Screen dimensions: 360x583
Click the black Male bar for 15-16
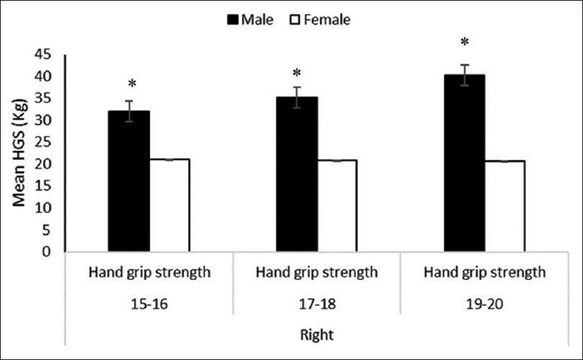tap(128, 182)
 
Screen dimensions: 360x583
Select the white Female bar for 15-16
tap(169, 206)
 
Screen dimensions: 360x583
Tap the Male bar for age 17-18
tap(297, 175)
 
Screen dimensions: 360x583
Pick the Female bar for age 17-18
tap(337, 206)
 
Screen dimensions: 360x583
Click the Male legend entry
tap(249, 20)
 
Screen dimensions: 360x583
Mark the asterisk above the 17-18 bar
tap(297, 74)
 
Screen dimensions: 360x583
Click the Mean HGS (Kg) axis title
tap(22, 152)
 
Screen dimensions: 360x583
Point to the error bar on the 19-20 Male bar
tap(465, 74)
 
